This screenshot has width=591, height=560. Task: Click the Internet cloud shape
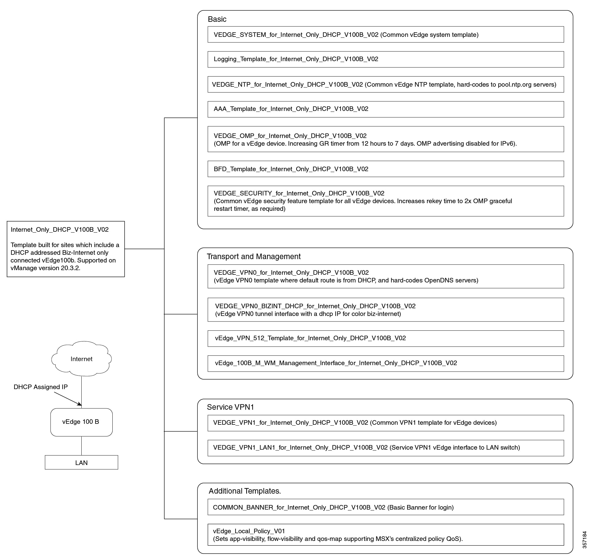pos(81,358)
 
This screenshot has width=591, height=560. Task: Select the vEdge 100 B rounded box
pos(81,422)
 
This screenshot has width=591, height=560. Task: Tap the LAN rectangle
pos(81,462)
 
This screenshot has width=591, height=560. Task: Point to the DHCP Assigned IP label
pos(41,387)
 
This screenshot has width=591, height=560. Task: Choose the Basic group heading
pos(217,19)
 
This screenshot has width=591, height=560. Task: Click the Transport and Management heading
pos(254,256)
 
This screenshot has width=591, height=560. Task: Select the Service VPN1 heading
pos(230,407)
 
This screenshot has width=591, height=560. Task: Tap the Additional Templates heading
pos(245,491)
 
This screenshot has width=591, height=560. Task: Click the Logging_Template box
pos(386,59)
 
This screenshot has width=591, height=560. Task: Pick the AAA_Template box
pos(386,109)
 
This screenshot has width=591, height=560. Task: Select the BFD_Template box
pos(386,169)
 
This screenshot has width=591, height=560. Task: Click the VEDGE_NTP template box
pos(386,84)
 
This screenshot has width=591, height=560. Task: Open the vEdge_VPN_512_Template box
pos(386,338)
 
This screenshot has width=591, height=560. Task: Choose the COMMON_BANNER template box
pos(386,507)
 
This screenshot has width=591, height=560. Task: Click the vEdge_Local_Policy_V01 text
pos(249,531)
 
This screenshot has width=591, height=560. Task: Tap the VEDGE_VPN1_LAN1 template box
pos(386,448)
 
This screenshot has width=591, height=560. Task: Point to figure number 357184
pos(584,540)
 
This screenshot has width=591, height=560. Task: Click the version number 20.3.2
pos(70,268)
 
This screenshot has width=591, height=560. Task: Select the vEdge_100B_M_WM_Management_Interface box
pos(386,363)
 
